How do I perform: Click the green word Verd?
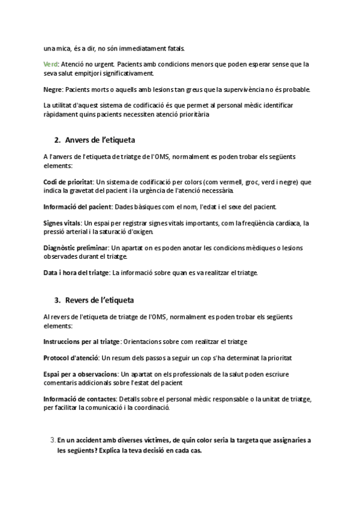click(50, 64)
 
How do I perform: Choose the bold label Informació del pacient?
click(77, 207)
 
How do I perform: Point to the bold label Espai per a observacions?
click(80, 374)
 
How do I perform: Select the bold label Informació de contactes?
click(80, 399)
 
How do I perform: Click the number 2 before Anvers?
click(56, 140)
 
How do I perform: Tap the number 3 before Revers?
click(56, 300)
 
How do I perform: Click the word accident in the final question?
click(86, 440)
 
